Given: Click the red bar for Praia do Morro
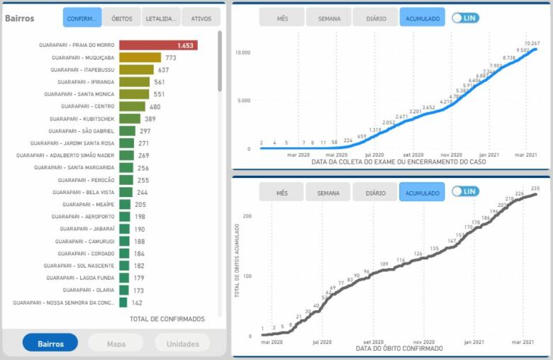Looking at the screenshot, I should coord(157,45).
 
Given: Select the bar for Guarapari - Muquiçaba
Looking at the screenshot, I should coord(140,57).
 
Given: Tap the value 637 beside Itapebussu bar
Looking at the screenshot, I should coord(163,69).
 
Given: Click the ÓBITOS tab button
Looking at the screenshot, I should coord(122,18).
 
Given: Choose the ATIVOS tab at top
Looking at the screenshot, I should coord(201,18).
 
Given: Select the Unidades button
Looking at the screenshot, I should coord(182,344).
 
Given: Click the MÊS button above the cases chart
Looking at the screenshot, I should coord(281,18).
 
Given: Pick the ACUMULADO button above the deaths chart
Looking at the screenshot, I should coord(422,192).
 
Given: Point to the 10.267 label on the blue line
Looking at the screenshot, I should coord(532,43).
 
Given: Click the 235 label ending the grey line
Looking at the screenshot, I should coord(535,189).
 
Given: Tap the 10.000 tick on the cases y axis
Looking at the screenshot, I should coord(243,53).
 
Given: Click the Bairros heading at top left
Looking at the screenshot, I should coord(19,18).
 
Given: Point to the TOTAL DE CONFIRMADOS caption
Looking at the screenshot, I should coord(167,319).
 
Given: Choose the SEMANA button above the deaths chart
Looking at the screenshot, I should coord(328,192).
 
